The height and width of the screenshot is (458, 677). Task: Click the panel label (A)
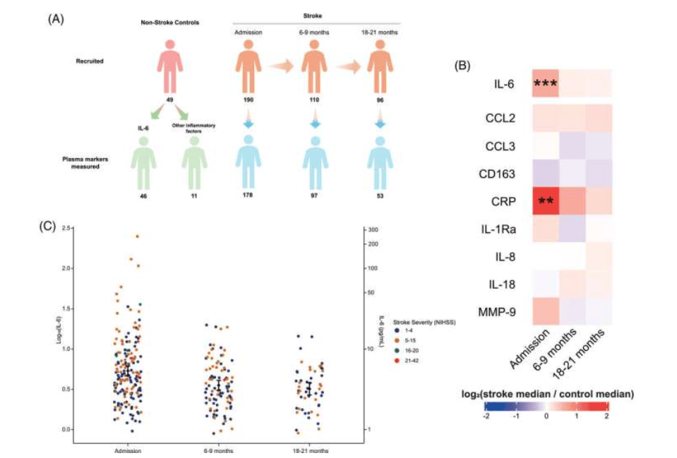tap(56, 19)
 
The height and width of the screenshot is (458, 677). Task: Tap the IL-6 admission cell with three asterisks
tap(544, 84)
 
